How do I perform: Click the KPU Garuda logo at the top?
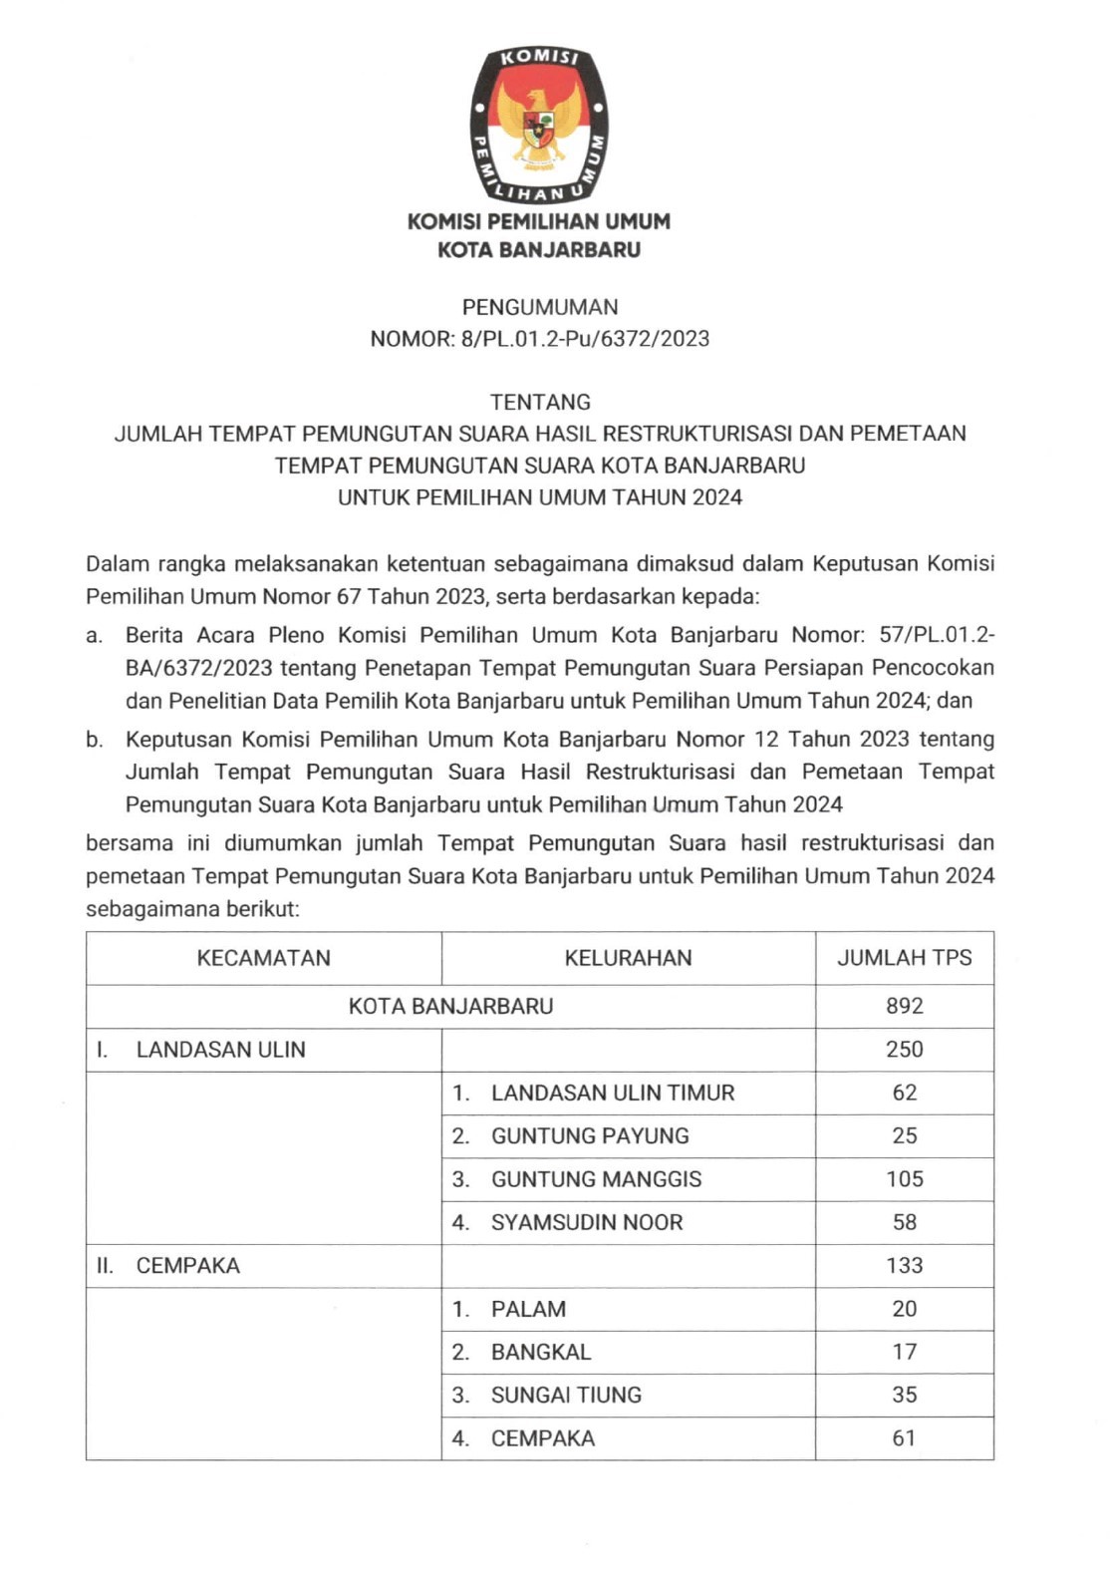coord(539,124)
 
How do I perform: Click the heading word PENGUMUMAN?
coord(539,307)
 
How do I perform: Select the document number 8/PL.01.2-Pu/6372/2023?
coord(585,339)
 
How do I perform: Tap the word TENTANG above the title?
coord(540,402)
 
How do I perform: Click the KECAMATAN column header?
coord(263,958)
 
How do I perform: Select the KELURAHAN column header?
coord(628,958)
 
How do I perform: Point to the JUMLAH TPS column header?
coord(904,958)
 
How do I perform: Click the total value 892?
coord(904,1006)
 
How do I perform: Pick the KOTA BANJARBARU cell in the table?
coord(450,1006)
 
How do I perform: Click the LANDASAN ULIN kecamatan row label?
coord(220,1050)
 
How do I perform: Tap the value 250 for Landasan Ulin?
coord(904,1050)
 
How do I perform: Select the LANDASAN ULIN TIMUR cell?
coord(612,1093)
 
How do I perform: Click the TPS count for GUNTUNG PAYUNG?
coord(904,1135)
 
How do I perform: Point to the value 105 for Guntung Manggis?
coord(904,1179)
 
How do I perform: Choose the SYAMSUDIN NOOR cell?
coord(586,1222)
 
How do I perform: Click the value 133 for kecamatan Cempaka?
coord(904,1266)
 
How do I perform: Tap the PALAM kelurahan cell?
coord(528,1309)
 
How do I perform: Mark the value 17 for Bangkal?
coord(904,1352)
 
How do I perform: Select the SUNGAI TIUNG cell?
coord(566,1395)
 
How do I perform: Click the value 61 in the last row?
coord(904,1438)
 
